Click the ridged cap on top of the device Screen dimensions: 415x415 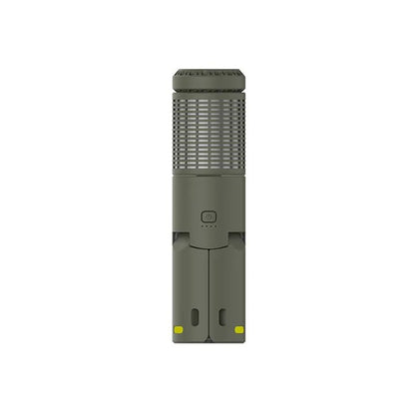(x=207, y=79)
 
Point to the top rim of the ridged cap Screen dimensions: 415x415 (x=207, y=70)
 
